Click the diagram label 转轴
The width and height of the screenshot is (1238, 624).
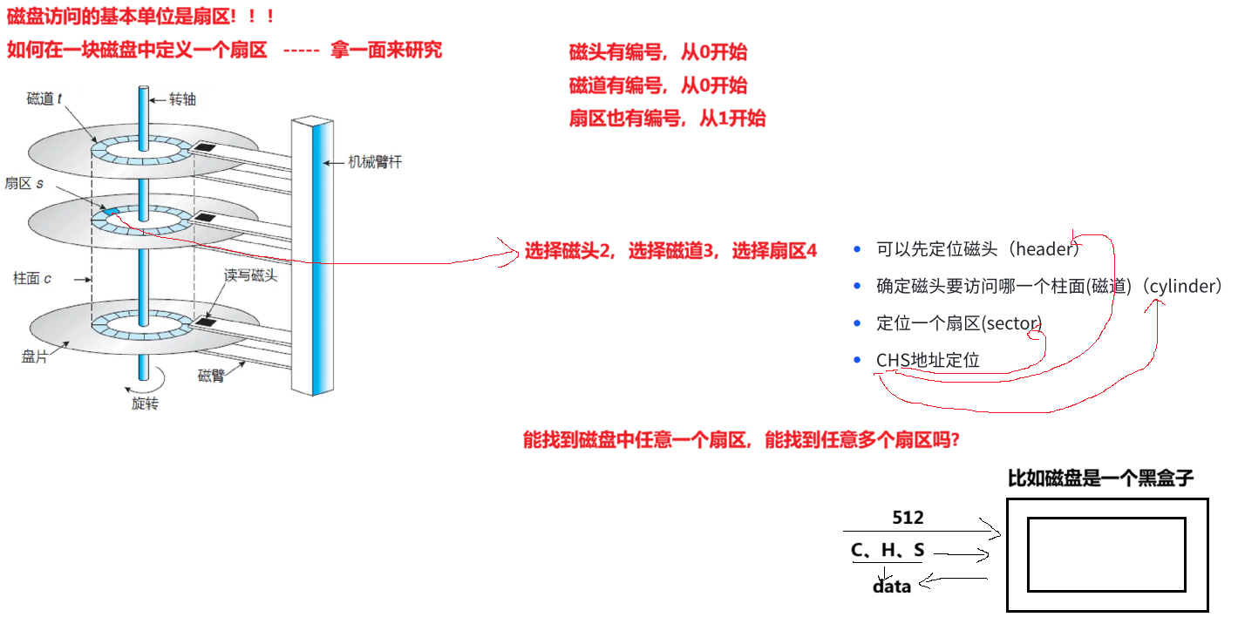(x=182, y=99)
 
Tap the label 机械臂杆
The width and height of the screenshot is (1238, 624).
(x=375, y=161)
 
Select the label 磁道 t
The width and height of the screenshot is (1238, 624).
(x=44, y=99)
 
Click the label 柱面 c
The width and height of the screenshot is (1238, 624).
(x=32, y=279)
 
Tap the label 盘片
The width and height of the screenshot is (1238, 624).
(x=34, y=356)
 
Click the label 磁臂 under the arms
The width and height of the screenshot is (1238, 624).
(x=212, y=376)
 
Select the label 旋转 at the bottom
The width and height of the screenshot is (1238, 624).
(x=145, y=404)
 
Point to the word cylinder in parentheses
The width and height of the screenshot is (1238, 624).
(x=1185, y=286)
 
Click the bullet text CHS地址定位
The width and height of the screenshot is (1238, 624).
(x=928, y=360)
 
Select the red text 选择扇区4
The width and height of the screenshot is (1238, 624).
(x=774, y=251)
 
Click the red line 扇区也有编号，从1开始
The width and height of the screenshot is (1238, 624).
(x=668, y=119)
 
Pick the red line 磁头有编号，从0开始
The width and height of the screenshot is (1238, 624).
(x=658, y=52)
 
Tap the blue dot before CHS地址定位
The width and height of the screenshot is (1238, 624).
(x=858, y=360)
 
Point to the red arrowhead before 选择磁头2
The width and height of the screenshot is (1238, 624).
(x=513, y=252)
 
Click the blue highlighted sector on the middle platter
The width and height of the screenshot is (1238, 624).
(x=111, y=212)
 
